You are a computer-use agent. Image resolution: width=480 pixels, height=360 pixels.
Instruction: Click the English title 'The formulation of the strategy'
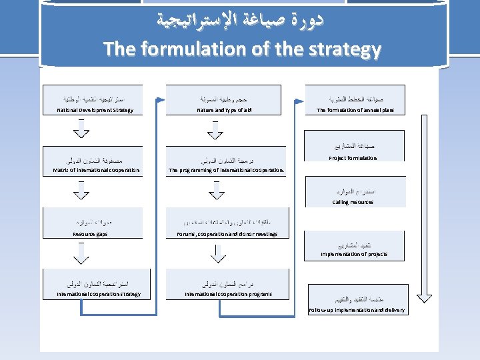242,49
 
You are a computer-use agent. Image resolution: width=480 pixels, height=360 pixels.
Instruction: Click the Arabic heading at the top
242,21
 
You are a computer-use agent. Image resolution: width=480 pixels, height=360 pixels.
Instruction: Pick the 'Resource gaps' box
91,223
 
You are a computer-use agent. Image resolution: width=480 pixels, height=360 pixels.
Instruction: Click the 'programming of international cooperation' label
227,170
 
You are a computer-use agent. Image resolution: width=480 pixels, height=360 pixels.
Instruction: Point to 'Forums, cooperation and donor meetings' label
227,234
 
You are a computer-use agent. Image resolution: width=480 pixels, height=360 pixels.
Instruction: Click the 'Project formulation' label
353,158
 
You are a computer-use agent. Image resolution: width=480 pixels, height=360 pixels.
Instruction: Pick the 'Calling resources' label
353,202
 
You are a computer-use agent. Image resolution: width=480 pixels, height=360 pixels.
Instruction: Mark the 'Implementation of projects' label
354,254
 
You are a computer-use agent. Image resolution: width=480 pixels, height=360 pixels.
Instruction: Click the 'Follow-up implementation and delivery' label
357,310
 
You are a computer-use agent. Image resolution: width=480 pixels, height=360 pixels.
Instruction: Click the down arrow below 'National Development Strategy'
81,129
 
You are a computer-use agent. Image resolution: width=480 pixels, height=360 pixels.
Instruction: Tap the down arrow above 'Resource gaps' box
81,191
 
